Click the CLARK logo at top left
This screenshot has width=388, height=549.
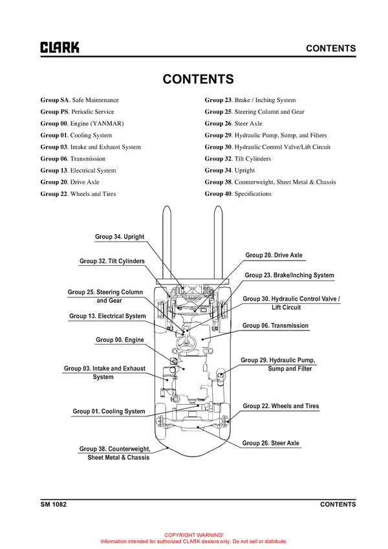click(x=60, y=48)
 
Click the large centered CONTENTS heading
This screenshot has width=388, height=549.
click(x=198, y=80)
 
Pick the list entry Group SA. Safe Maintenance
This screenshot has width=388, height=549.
click(x=80, y=100)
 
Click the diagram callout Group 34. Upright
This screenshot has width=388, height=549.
click(x=120, y=237)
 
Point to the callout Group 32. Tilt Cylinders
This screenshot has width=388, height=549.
click(x=112, y=261)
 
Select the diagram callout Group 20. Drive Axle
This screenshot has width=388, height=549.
click(x=274, y=255)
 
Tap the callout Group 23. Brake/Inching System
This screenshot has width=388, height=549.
click(x=289, y=275)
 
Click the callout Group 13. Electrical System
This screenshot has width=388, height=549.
click(x=107, y=316)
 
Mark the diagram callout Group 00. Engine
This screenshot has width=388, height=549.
click(x=120, y=340)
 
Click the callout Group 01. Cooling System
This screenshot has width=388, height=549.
click(x=109, y=411)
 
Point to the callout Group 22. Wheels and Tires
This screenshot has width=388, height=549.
click(x=281, y=406)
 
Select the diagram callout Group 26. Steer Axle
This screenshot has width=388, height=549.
click(x=271, y=444)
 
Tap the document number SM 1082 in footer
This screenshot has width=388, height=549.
click(x=54, y=504)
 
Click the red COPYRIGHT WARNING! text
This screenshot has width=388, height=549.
click(x=194, y=535)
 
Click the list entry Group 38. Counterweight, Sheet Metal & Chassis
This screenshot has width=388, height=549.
click(x=270, y=182)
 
